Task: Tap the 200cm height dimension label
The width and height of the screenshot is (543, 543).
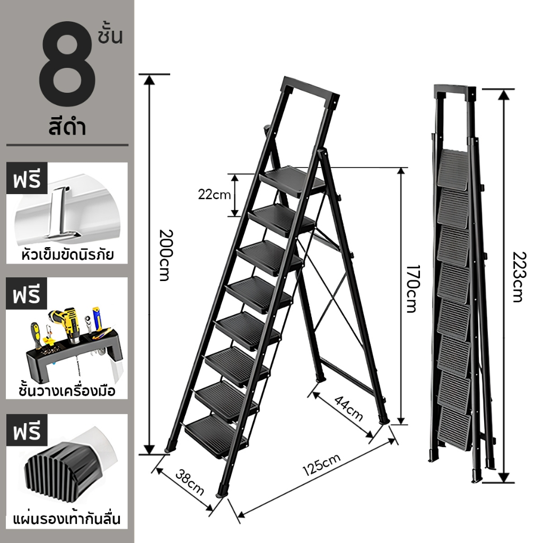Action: (x=166, y=255)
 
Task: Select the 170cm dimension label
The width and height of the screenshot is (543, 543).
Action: (x=413, y=289)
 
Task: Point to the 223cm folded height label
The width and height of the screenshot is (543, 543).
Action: (x=519, y=277)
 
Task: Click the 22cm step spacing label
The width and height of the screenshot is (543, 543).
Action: (x=214, y=195)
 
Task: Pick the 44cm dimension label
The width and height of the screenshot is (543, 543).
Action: (x=349, y=409)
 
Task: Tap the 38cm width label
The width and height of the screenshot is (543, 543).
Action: (x=190, y=483)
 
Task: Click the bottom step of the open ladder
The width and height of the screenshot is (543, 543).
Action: (x=216, y=436)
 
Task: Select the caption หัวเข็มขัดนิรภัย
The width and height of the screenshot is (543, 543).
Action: (x=67, y=255)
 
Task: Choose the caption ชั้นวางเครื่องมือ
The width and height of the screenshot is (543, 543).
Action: (x=67, y=391)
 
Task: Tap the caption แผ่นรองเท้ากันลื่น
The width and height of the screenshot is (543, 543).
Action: (x=67, y=519)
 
